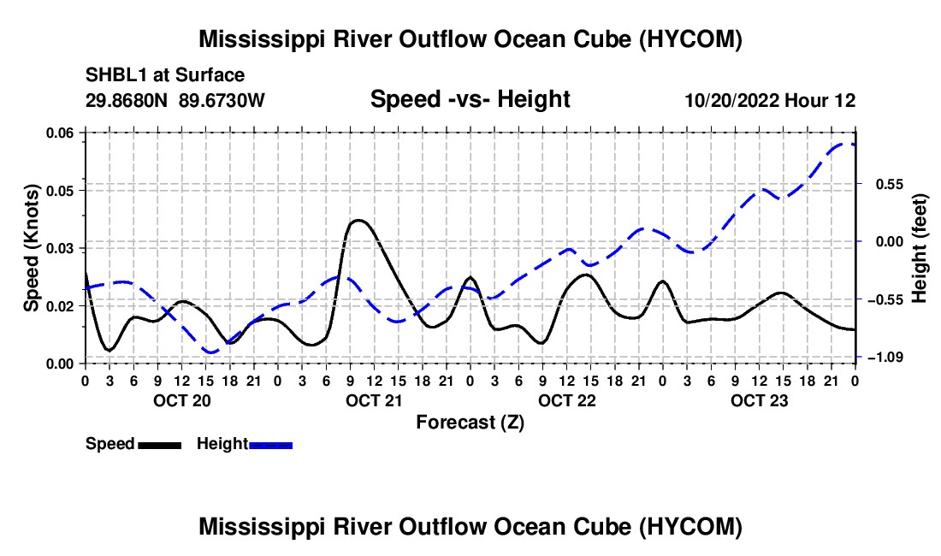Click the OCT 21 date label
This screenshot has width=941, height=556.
pyautogui.click(x=374, y=400)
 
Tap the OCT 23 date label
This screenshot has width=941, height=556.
pyautogui.click(x=759, y=400)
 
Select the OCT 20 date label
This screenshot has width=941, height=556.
pyautogui.click(x=182, y=400)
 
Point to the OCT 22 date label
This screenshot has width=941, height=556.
pyautogui.click(x=566, y=400)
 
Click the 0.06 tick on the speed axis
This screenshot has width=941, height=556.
pyautogui.click(x=60, y=133)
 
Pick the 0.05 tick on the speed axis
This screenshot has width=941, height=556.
pyautogui.click(x=60, y=191)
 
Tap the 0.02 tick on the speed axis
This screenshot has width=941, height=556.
pyautogui.click(x=60, y=306)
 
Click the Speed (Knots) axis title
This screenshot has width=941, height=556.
pyautogui.click(x=32, y=248)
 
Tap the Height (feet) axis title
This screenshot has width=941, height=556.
pyautogui.click(x=919, y=248)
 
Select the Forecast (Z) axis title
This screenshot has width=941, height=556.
pyautogui.click(x=470, y=423)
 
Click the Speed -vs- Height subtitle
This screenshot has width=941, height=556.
pyautogui.click(x=470, y=99)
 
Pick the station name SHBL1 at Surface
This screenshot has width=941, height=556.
pyautogui.click(x=165, y=75)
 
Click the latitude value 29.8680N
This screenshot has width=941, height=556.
pyautogui.click(x=126, y=100)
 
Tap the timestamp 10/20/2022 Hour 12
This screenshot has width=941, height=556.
pyautogui.click(x=770, y=100)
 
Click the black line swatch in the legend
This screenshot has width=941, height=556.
pyautogui.click(x=160, y=445)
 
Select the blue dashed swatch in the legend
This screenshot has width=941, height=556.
pyautogui.click(x=270, y=445)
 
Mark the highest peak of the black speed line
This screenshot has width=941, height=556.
pyautogui.click(x=358, y=220)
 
